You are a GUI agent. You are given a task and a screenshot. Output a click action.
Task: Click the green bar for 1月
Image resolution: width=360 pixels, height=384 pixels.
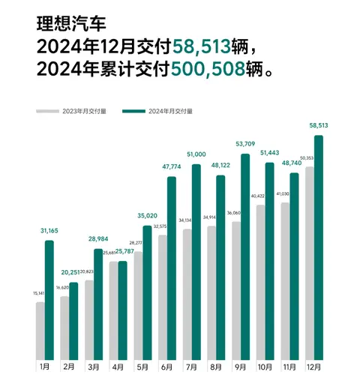(x=49, y=300)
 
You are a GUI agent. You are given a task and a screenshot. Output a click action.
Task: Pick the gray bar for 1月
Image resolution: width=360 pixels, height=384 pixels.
(x=40, y=330)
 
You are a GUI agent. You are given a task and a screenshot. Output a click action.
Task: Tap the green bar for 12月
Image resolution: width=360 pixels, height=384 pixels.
(x=319, y=247)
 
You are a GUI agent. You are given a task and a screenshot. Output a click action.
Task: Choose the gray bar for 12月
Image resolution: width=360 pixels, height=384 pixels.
(x=309, y=262)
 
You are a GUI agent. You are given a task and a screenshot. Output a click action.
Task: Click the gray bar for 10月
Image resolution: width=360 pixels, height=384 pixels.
(x=260, y=282)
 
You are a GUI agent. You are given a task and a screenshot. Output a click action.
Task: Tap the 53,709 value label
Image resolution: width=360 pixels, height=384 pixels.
(x=245, y=142)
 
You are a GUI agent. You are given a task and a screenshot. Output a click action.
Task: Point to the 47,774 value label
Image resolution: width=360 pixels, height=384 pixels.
(x=172, y=166)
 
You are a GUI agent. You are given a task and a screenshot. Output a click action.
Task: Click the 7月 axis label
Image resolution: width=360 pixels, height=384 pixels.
(x=192, y=367)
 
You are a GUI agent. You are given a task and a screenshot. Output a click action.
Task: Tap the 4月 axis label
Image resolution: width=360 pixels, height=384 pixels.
(x=118, y=367)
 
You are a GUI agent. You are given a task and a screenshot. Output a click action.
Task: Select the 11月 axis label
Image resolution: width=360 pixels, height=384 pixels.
(x=289, y=367)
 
